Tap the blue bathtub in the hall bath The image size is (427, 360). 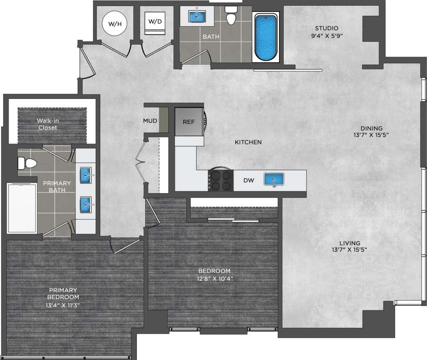click(266, 37)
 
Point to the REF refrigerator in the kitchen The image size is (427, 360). click(188, 122)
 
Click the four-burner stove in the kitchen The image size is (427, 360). click(221, 180)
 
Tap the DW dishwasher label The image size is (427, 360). click(248, 180)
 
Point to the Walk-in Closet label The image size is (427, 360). click(47, 124)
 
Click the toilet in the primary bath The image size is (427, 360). click(27, 163)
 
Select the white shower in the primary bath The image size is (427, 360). click(22, 208)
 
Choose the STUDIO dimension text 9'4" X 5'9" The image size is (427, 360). click(327, 36)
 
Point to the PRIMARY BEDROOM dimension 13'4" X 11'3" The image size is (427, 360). click(62, 305)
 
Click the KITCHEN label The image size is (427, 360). click(248, 142)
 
